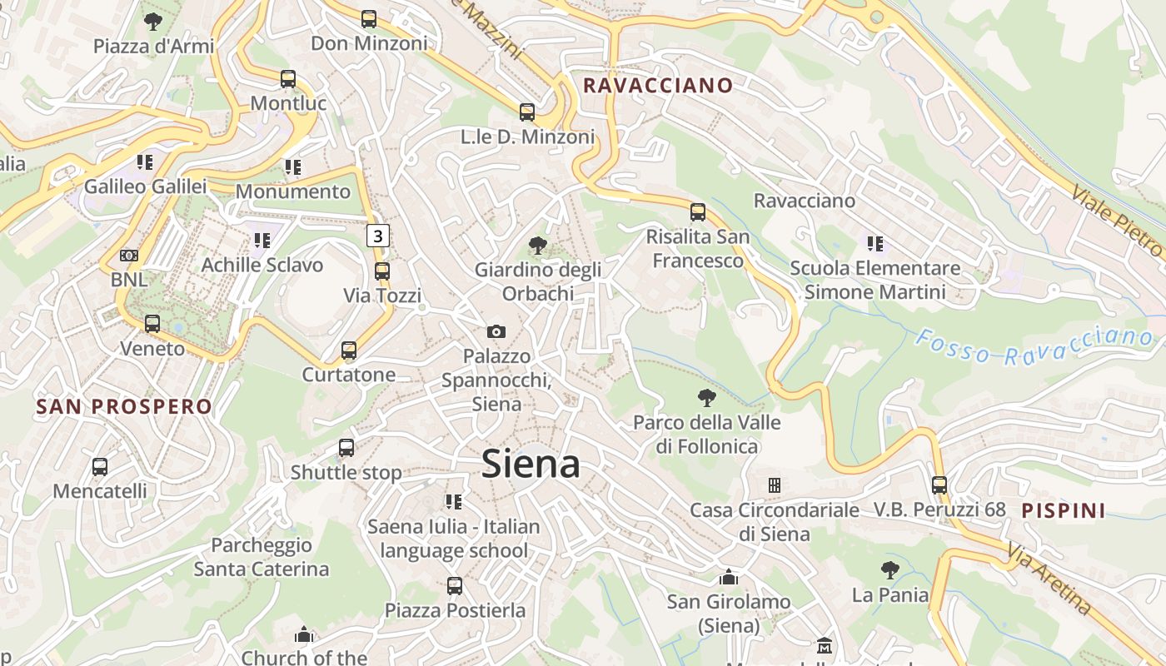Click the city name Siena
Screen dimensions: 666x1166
tap(531, 464)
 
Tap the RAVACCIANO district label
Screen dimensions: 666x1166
tap(658, 85)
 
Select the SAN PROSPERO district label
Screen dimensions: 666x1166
tap(124, 406)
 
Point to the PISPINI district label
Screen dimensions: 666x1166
tap(1064, 510)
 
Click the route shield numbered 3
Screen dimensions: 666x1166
tap(378, 236)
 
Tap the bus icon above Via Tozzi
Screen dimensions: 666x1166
tap(382, 271)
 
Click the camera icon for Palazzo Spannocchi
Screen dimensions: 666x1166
tap(496, 331)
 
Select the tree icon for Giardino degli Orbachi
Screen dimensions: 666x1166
tap(538, 245)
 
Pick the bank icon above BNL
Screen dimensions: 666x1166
tap(129, 256)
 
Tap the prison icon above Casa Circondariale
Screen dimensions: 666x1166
tap(775, 485)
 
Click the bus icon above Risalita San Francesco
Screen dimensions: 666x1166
tap(698, 211)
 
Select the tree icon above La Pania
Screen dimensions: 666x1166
tap(889, 570)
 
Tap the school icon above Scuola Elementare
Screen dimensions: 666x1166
tap(874, 243)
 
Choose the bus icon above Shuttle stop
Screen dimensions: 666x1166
tap(346, 448)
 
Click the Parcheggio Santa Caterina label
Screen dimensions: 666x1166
tap(262, 557)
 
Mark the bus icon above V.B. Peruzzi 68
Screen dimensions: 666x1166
tap(939, 485)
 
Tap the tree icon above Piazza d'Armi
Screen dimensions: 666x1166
tap(153, 22)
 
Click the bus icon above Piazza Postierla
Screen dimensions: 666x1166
tap(455, 585)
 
